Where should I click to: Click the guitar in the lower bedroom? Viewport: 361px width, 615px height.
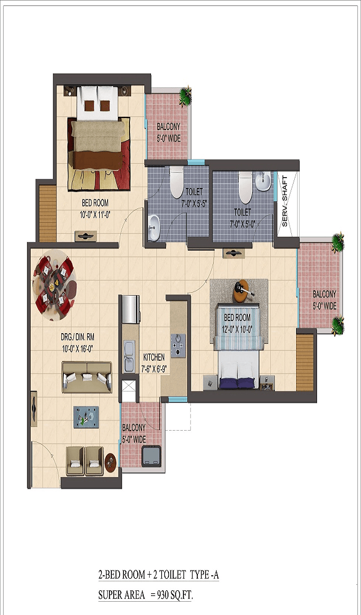pyautogui.click(x=244, y=291)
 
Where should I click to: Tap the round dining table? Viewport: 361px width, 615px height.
pyautogui.click(x=54, y=285)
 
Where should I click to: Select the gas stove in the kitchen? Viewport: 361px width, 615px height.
pyautogui.click(x=178, y=346)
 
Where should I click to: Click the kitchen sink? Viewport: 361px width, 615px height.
pyautogui.click(x=129, y=357)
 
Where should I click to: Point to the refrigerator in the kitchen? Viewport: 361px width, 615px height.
pyautogui.click(x=131, y=310)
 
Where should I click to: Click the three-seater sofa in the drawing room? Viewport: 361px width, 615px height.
pyautogui.click(x=87, y=377)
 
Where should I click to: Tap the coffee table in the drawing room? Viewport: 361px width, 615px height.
pyautogui.click(x=86, y=417)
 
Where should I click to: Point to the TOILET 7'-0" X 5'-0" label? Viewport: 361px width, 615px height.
pyautogui.click(x=242, y=216)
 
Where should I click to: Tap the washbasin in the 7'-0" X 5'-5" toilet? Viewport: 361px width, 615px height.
pyautogui.click(x=154, y=228)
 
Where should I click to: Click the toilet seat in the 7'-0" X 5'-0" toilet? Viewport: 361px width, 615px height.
pyautogui.click(x=245, y=187)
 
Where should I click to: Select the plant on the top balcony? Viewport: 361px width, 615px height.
pyautogui.click(x=185, y=96)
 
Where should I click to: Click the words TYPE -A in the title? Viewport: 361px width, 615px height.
pyautogui.click(x=204, y=575)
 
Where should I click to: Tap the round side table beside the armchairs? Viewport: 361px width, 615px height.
pyautogui.click(x=111, y=463)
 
